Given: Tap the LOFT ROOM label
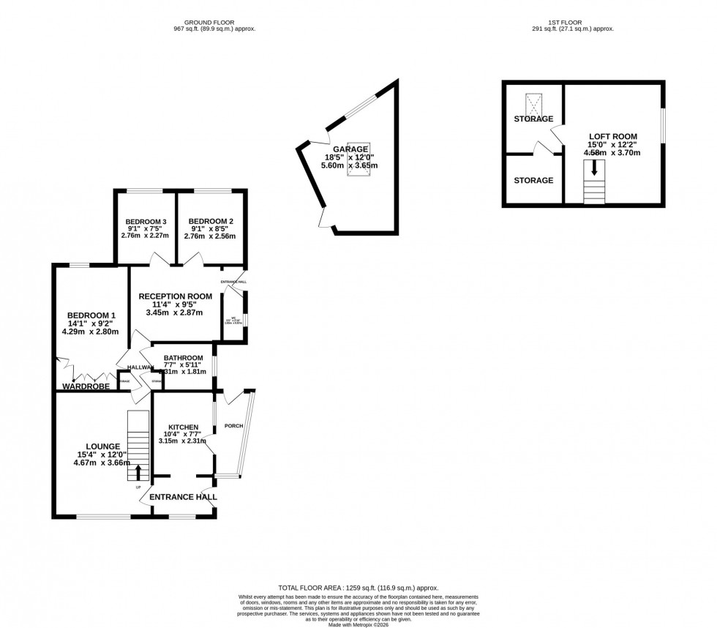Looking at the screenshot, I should point(613,136).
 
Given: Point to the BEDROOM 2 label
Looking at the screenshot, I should point(211,221).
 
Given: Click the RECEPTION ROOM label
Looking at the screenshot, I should point(182,296).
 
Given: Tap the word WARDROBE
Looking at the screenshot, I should point(86,386).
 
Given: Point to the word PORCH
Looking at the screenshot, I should point(233,425).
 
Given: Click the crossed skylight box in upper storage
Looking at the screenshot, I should point(532,103).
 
